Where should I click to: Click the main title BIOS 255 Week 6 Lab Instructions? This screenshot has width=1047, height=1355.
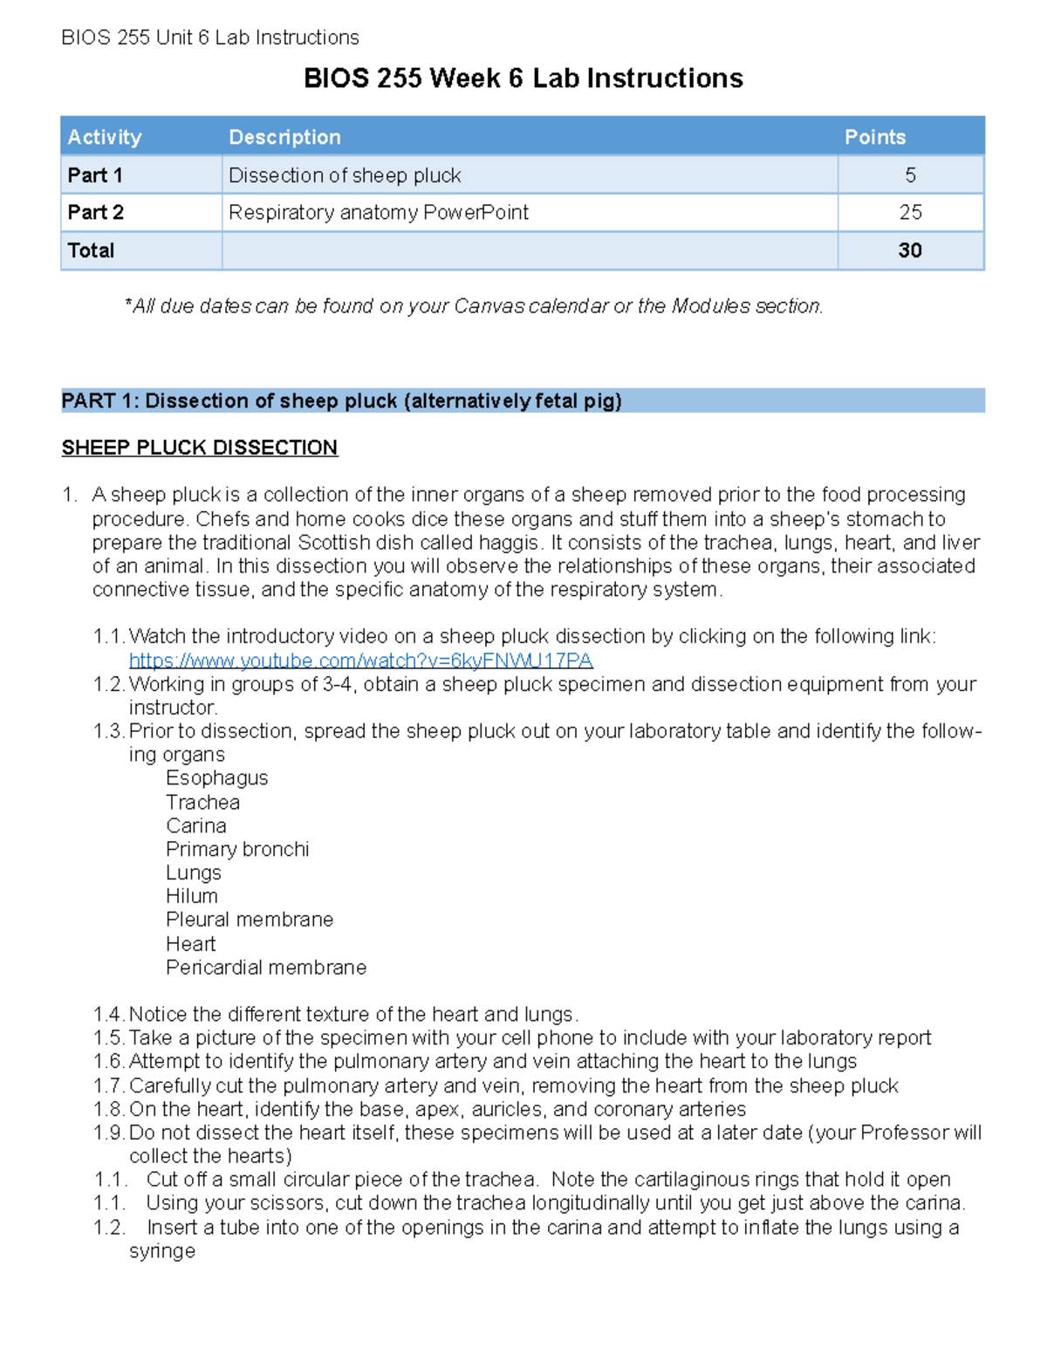click(x=523, y=79)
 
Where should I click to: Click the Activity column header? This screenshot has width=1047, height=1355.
click(x=105, y=137)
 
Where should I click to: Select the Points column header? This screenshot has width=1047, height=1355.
click(x=874, y=137)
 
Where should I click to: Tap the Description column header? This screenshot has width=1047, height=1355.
click(x=284, y=137)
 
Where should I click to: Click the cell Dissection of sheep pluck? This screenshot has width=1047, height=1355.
click(x=345, y=175)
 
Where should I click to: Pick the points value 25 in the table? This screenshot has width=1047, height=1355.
click(x=910, y=212)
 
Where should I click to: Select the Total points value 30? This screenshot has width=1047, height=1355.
click(x=910, y=250)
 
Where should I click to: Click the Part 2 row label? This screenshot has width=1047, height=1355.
click(x=96, y=212)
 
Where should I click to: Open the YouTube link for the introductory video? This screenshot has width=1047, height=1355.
click(x=360, y=660)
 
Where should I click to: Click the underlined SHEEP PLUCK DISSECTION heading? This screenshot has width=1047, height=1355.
click(x=199, y=448)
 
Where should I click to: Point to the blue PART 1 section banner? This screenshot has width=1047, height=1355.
click(x=522, y=400)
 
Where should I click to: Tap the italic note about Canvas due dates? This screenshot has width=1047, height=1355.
click(x=474, y=306)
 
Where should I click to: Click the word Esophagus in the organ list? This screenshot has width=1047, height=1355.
click(x=216, y=778)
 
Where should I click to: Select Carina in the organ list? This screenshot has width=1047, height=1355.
click(x=196, y=825)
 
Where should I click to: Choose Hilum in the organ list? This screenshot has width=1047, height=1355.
click(x=192, y=896)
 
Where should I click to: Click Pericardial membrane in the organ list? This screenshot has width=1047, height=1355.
click(x=266, y=968)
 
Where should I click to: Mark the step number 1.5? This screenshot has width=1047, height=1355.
click(x=108, y=1038)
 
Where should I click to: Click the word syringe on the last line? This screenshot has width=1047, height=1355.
click(x=162, y=1251)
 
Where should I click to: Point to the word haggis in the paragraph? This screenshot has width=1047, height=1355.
click(x=508, y=543)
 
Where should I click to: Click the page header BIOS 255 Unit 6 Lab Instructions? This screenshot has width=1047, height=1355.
click(x=210, y=38)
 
